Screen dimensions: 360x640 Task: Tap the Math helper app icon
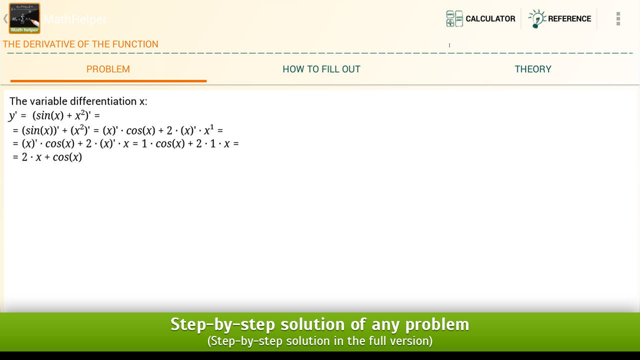coord(24,18)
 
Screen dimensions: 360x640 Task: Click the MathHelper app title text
coord(75,19)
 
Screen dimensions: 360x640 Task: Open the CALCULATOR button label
coord(490,19)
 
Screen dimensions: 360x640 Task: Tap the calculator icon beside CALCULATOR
coord(454,19)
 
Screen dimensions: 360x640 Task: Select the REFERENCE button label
coord(569,19)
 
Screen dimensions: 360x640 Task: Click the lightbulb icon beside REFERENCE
coord(537,19)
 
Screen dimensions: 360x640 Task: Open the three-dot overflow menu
coord(618,19)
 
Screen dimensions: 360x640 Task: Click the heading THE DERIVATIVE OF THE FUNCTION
coord(80,44)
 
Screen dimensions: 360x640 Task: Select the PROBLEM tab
coord(108,69)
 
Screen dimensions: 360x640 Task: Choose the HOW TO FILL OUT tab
coord(321,69)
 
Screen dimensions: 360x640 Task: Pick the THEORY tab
coord(533,69)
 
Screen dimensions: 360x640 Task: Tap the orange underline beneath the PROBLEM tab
coord(108,81)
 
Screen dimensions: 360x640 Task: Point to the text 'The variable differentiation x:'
coord(78,101)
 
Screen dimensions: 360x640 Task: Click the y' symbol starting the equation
coord(13,116)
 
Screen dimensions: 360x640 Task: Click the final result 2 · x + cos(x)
coord(51,157)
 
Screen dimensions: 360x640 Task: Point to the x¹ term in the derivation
coord(209,130)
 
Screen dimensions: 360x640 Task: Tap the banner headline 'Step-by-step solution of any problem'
coord(320,324)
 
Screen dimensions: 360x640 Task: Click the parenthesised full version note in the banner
coord(320,341)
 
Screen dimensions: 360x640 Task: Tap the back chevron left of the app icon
coord(5,18)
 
